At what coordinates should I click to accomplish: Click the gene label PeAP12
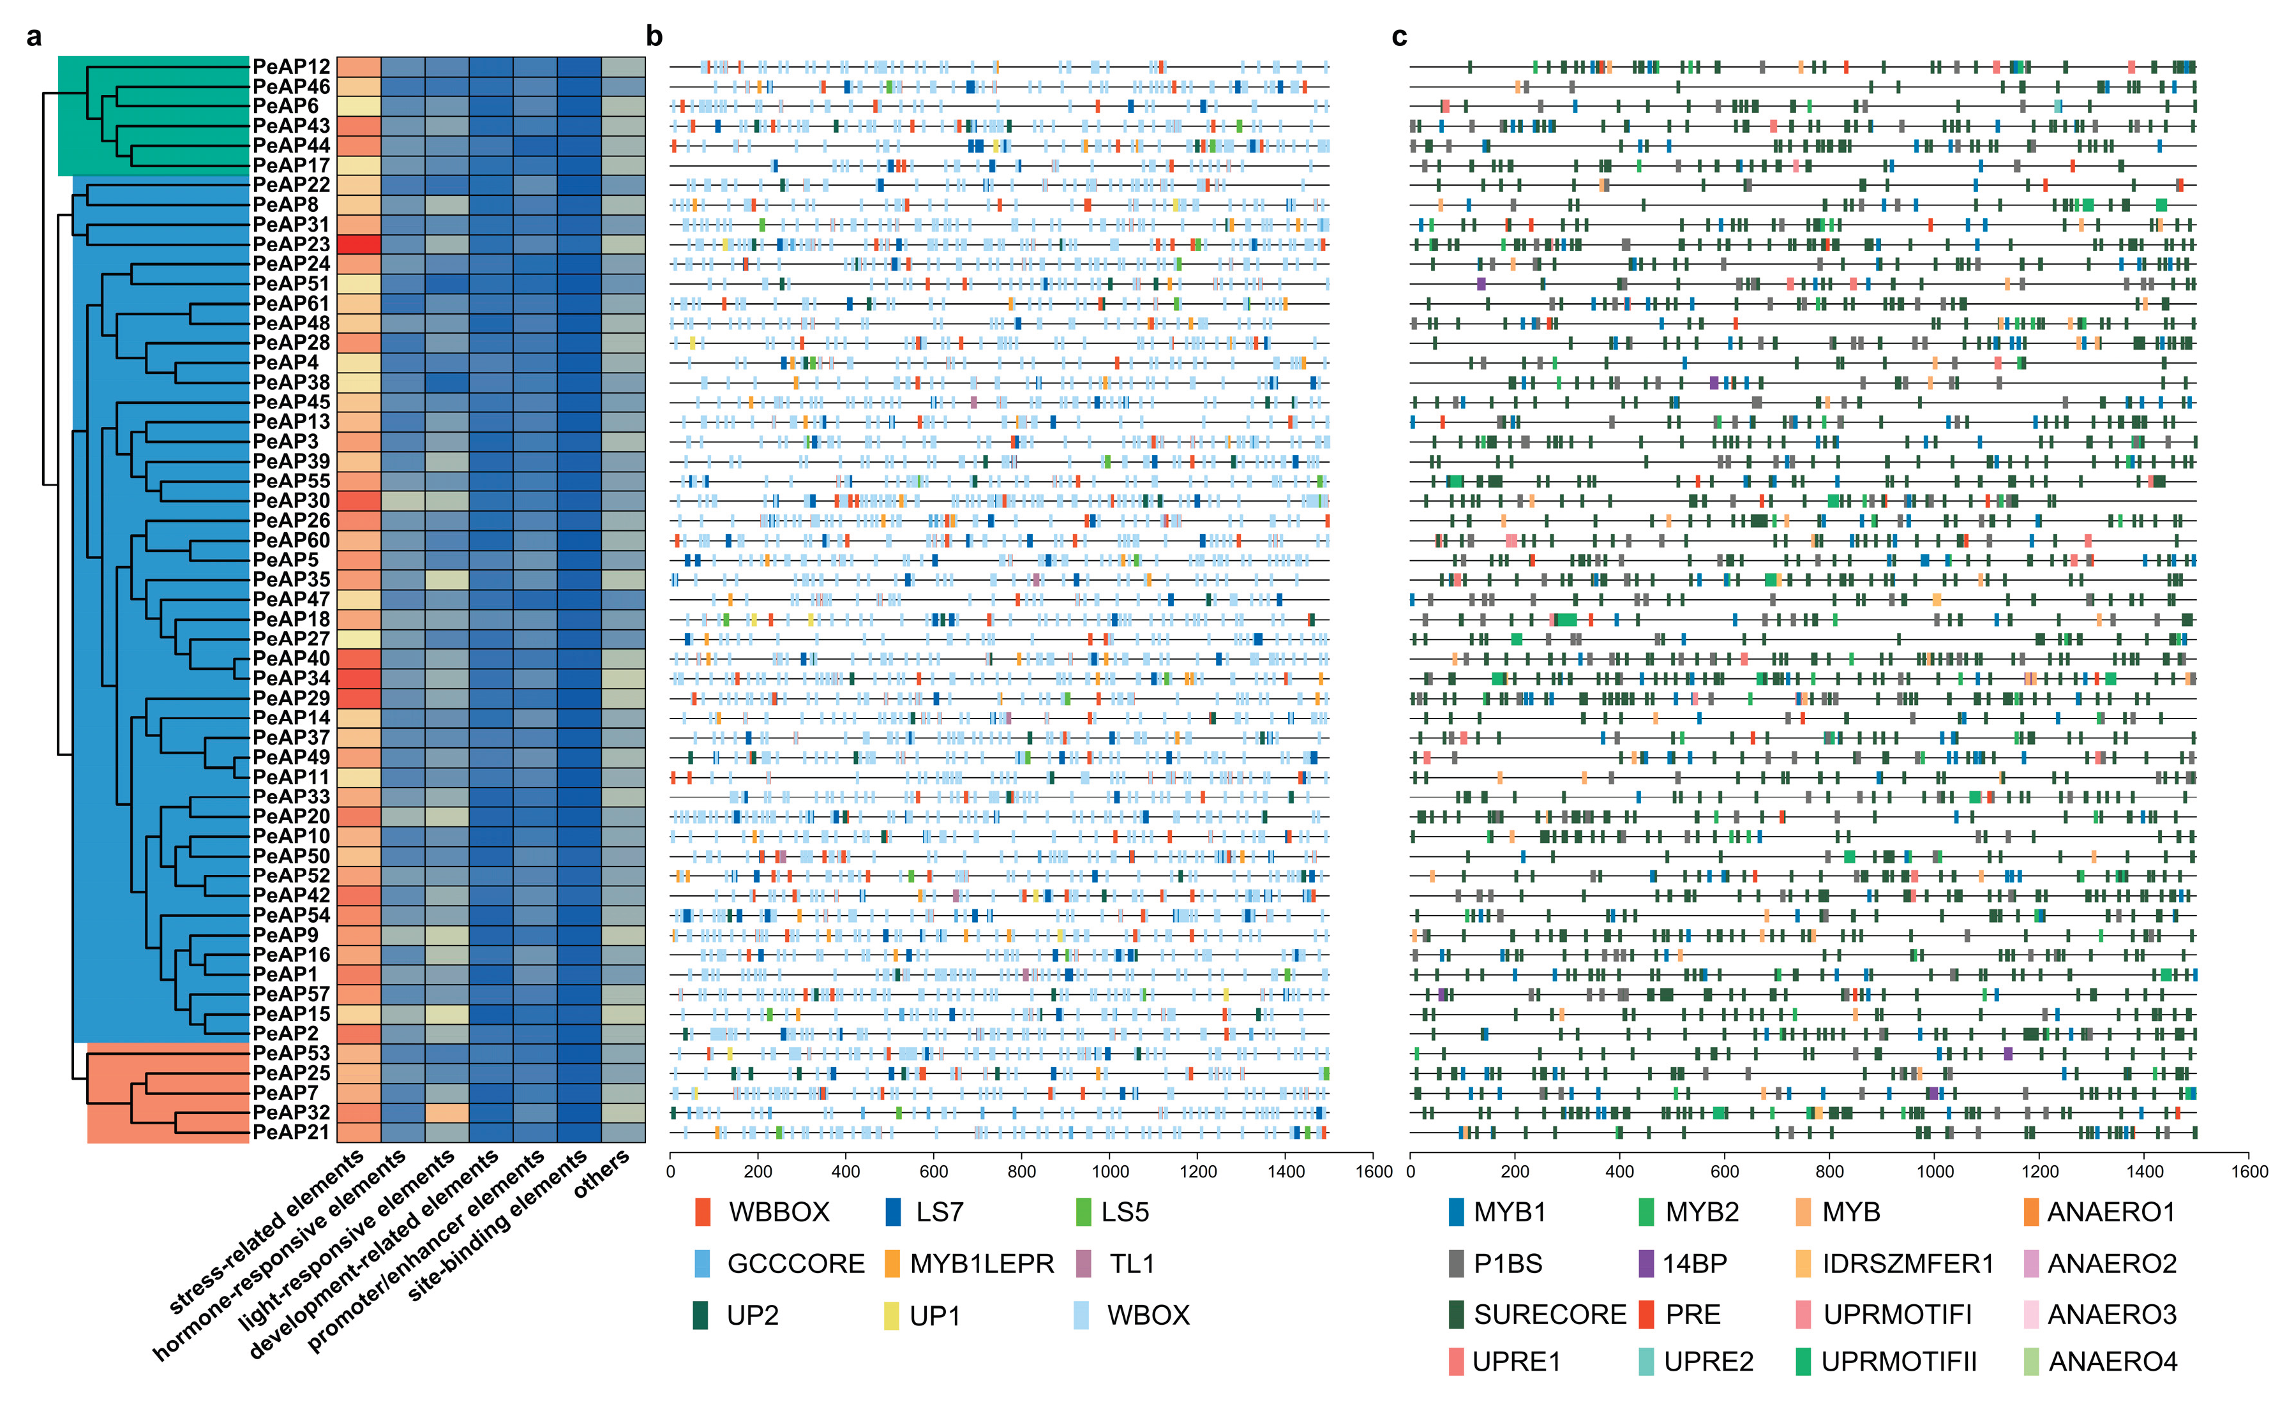291,67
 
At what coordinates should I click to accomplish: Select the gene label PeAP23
291,244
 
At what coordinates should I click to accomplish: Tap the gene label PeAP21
291,1132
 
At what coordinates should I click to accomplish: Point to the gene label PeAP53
291,1053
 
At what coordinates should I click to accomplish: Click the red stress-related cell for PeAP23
359,244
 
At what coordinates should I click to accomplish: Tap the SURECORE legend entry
1549,1315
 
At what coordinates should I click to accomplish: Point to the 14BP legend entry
1694,1264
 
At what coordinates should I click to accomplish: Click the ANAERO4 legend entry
2112,1362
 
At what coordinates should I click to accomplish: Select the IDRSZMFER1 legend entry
1907,1264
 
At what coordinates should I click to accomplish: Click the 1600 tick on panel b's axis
1373,1172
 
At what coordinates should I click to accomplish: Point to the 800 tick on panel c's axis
1829,1172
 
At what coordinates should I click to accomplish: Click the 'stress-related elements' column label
268,1233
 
